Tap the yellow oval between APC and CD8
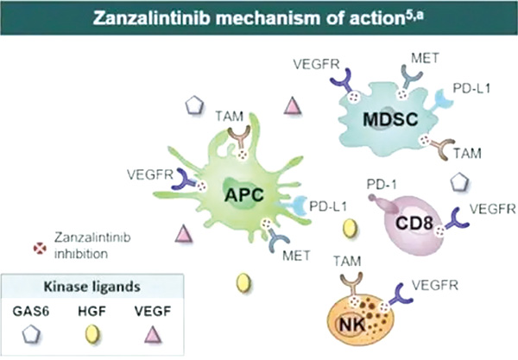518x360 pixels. point(350,228)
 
